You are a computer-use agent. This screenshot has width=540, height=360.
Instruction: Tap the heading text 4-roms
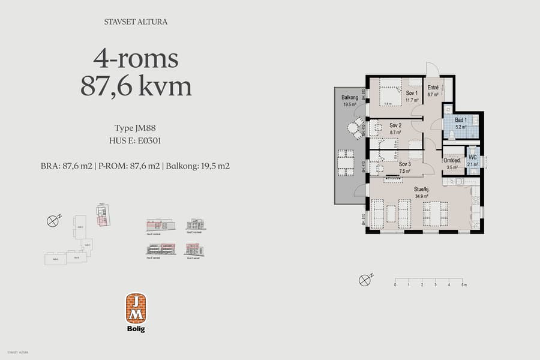point(136,59)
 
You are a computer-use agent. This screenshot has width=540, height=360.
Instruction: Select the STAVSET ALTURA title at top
point(136,22)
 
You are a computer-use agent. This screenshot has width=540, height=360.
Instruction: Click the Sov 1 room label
point(412,93)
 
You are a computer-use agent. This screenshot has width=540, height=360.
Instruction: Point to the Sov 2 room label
point(395,125)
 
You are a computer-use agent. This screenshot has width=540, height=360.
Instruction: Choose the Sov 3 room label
point(404,163)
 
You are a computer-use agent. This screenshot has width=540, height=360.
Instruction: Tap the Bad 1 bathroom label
point(461,120)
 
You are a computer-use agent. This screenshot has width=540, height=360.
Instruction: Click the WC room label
point(473,158)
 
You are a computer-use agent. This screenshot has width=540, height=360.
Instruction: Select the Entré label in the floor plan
point(433,88)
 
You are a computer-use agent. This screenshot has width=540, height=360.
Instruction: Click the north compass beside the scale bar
point(364,280)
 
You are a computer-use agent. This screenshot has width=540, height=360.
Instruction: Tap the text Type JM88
point(136,128)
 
